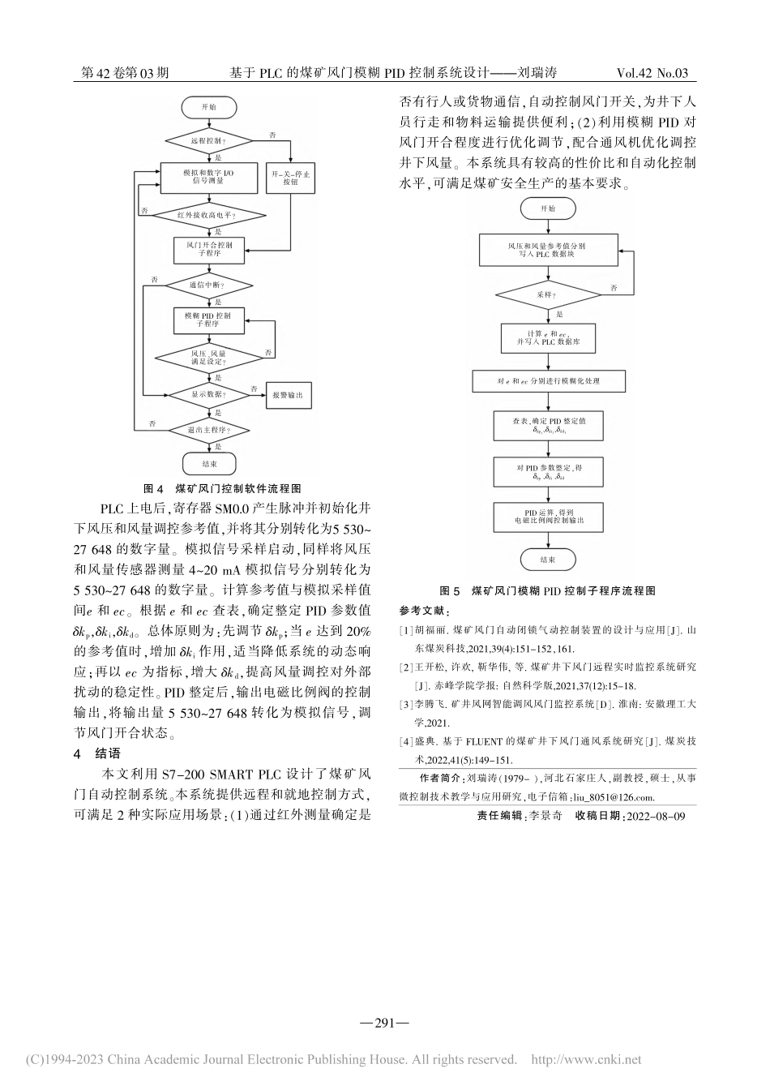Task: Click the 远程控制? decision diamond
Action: (x=208, y=140)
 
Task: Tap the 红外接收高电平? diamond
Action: (x=208, y=215)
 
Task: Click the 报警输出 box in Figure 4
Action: (x=289, y=395)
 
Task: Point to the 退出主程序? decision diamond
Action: (x=208, y=430)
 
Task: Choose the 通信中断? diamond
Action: (x=208, y=285)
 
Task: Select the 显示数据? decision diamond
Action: (x=208, y=395)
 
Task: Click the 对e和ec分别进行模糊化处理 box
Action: (x=549, y=380)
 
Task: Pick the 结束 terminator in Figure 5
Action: (x=548, y=560)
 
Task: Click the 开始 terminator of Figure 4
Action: (x=208, y=107)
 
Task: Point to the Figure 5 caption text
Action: (x=547, y=590)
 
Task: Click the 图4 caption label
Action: (x=153, y=489)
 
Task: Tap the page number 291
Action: (x=385, y=1023)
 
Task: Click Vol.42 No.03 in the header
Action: (x=652, y=73)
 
